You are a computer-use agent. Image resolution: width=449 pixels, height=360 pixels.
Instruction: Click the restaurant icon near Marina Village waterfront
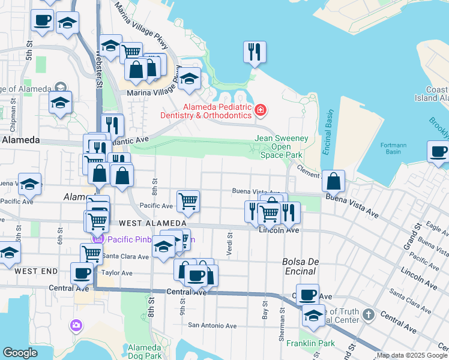pos(255,52)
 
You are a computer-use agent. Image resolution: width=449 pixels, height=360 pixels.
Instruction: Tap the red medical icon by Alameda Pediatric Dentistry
pos(261,110)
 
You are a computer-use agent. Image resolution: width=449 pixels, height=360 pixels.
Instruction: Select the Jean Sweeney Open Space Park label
pos(282,146)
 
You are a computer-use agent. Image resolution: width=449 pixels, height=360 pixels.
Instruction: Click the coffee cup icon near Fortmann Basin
pos(438,152)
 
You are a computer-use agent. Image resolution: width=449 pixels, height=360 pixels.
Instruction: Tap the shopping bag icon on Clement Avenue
pos(333,181)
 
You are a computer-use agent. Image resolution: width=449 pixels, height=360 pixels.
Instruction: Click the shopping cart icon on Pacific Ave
pos(188,202)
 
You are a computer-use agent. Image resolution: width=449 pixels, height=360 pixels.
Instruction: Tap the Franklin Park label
pos(302,344)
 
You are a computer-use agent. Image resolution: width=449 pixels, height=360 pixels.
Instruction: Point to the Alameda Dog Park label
pos(145,352)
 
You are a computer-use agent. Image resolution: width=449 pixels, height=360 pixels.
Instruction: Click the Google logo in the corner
pos(20,353)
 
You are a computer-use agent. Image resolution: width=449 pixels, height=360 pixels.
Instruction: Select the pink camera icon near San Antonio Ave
pos(76,325)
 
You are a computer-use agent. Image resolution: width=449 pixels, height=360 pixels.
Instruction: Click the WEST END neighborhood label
pos(37,271)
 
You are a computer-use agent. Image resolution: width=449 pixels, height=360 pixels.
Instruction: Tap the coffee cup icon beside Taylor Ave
pos(82,273)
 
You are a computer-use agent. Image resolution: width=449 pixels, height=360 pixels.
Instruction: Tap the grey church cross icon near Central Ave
pos(369,314)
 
